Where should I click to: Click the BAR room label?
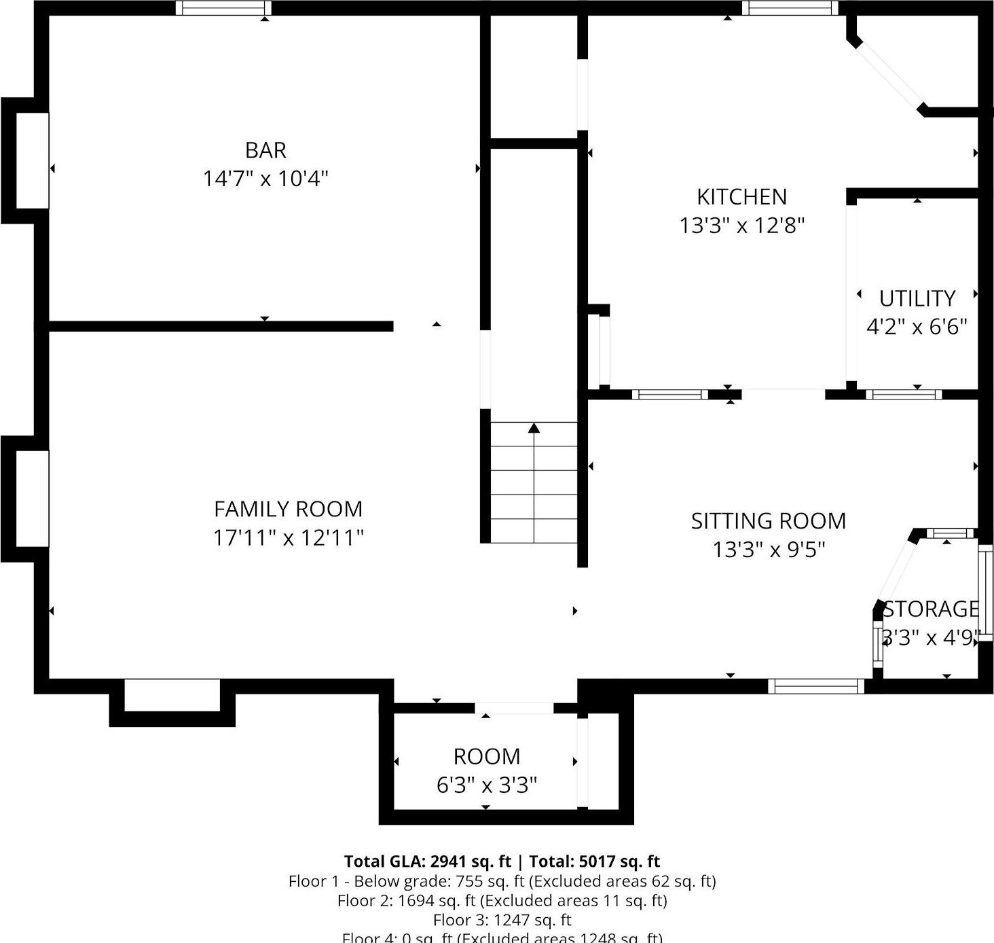point(265,149)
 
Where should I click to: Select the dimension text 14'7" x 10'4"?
point(265,179)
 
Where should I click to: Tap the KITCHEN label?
point(741,197)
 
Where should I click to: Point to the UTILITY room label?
point(917,298)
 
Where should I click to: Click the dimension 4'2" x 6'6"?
point(917,327)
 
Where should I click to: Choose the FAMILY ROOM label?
point(288,509)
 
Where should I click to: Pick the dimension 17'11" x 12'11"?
point(288,538)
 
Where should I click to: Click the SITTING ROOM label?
point(768,521)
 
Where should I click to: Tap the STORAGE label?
point(931,609)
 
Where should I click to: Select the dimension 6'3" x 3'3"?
point(486,785)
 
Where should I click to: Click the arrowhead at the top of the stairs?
point(534,428)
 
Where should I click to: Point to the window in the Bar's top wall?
point(223,8)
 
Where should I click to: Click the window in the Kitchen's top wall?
point(790,8)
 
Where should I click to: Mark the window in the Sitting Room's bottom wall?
point(815,686)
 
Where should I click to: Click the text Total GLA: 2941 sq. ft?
point(427,861)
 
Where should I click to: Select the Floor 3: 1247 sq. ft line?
point(502,920)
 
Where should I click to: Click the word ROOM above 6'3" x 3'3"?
point(486,756)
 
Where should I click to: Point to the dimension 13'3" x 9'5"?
point(768,550)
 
